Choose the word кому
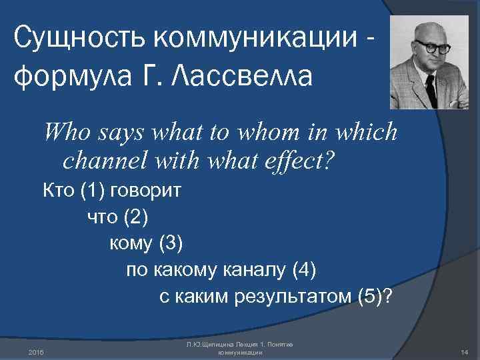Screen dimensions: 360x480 point(131,243)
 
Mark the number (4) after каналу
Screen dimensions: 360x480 point(303,270)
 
